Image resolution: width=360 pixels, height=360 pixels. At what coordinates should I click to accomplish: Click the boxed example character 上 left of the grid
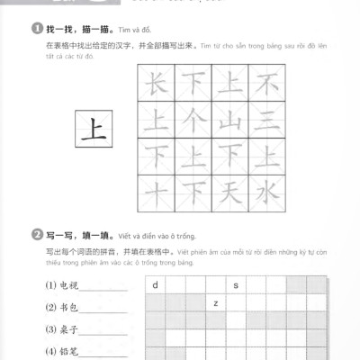pos(93,129)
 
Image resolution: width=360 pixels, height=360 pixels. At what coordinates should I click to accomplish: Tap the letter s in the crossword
pos(236,286)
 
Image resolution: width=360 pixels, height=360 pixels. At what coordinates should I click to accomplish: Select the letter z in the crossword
pos(216,303)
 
